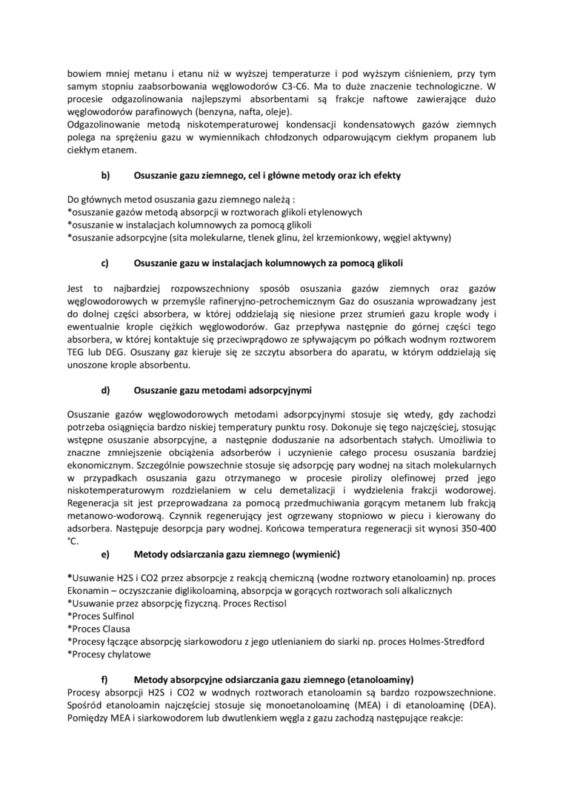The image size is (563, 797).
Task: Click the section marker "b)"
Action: click(105, 176)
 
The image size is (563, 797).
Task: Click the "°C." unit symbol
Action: click(73, 541)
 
